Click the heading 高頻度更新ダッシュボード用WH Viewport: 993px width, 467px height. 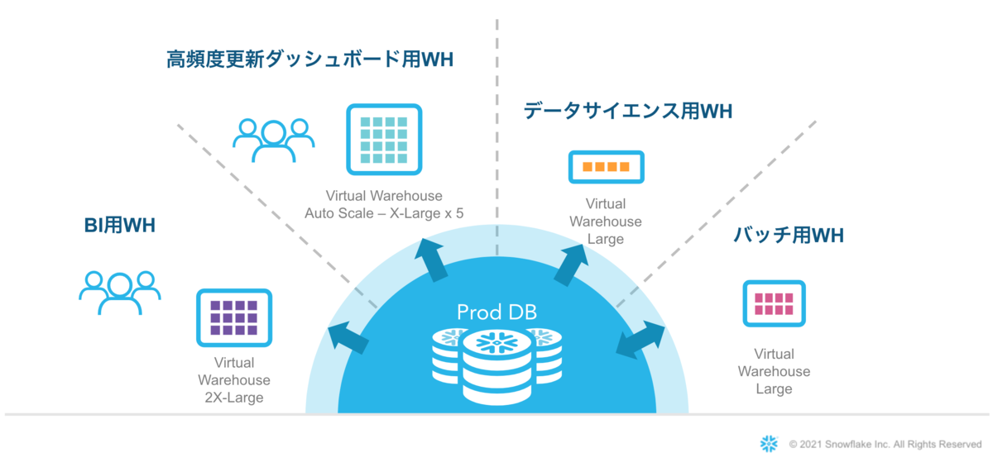tap(309, 60)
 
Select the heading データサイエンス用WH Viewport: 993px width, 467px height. tap(628, 111)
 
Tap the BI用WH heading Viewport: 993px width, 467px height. tap(120, 225)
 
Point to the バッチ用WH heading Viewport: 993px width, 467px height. tap(789, 236)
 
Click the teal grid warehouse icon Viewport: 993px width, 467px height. tap(383, 140)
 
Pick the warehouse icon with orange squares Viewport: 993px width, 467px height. tap(606, 167)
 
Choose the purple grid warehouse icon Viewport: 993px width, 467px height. tap(234, 317)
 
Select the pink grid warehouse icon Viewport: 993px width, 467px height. tap(774, 303)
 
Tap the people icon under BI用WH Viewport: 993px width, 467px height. tap(120, 291)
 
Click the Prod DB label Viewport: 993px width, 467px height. tap(496, 312)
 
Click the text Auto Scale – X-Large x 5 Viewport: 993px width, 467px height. tap(384, 213)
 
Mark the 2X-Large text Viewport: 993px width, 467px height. tap(234, 398)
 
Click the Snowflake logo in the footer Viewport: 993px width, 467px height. tap(769, 444)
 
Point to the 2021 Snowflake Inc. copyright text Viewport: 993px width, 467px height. tap(885, 445)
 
